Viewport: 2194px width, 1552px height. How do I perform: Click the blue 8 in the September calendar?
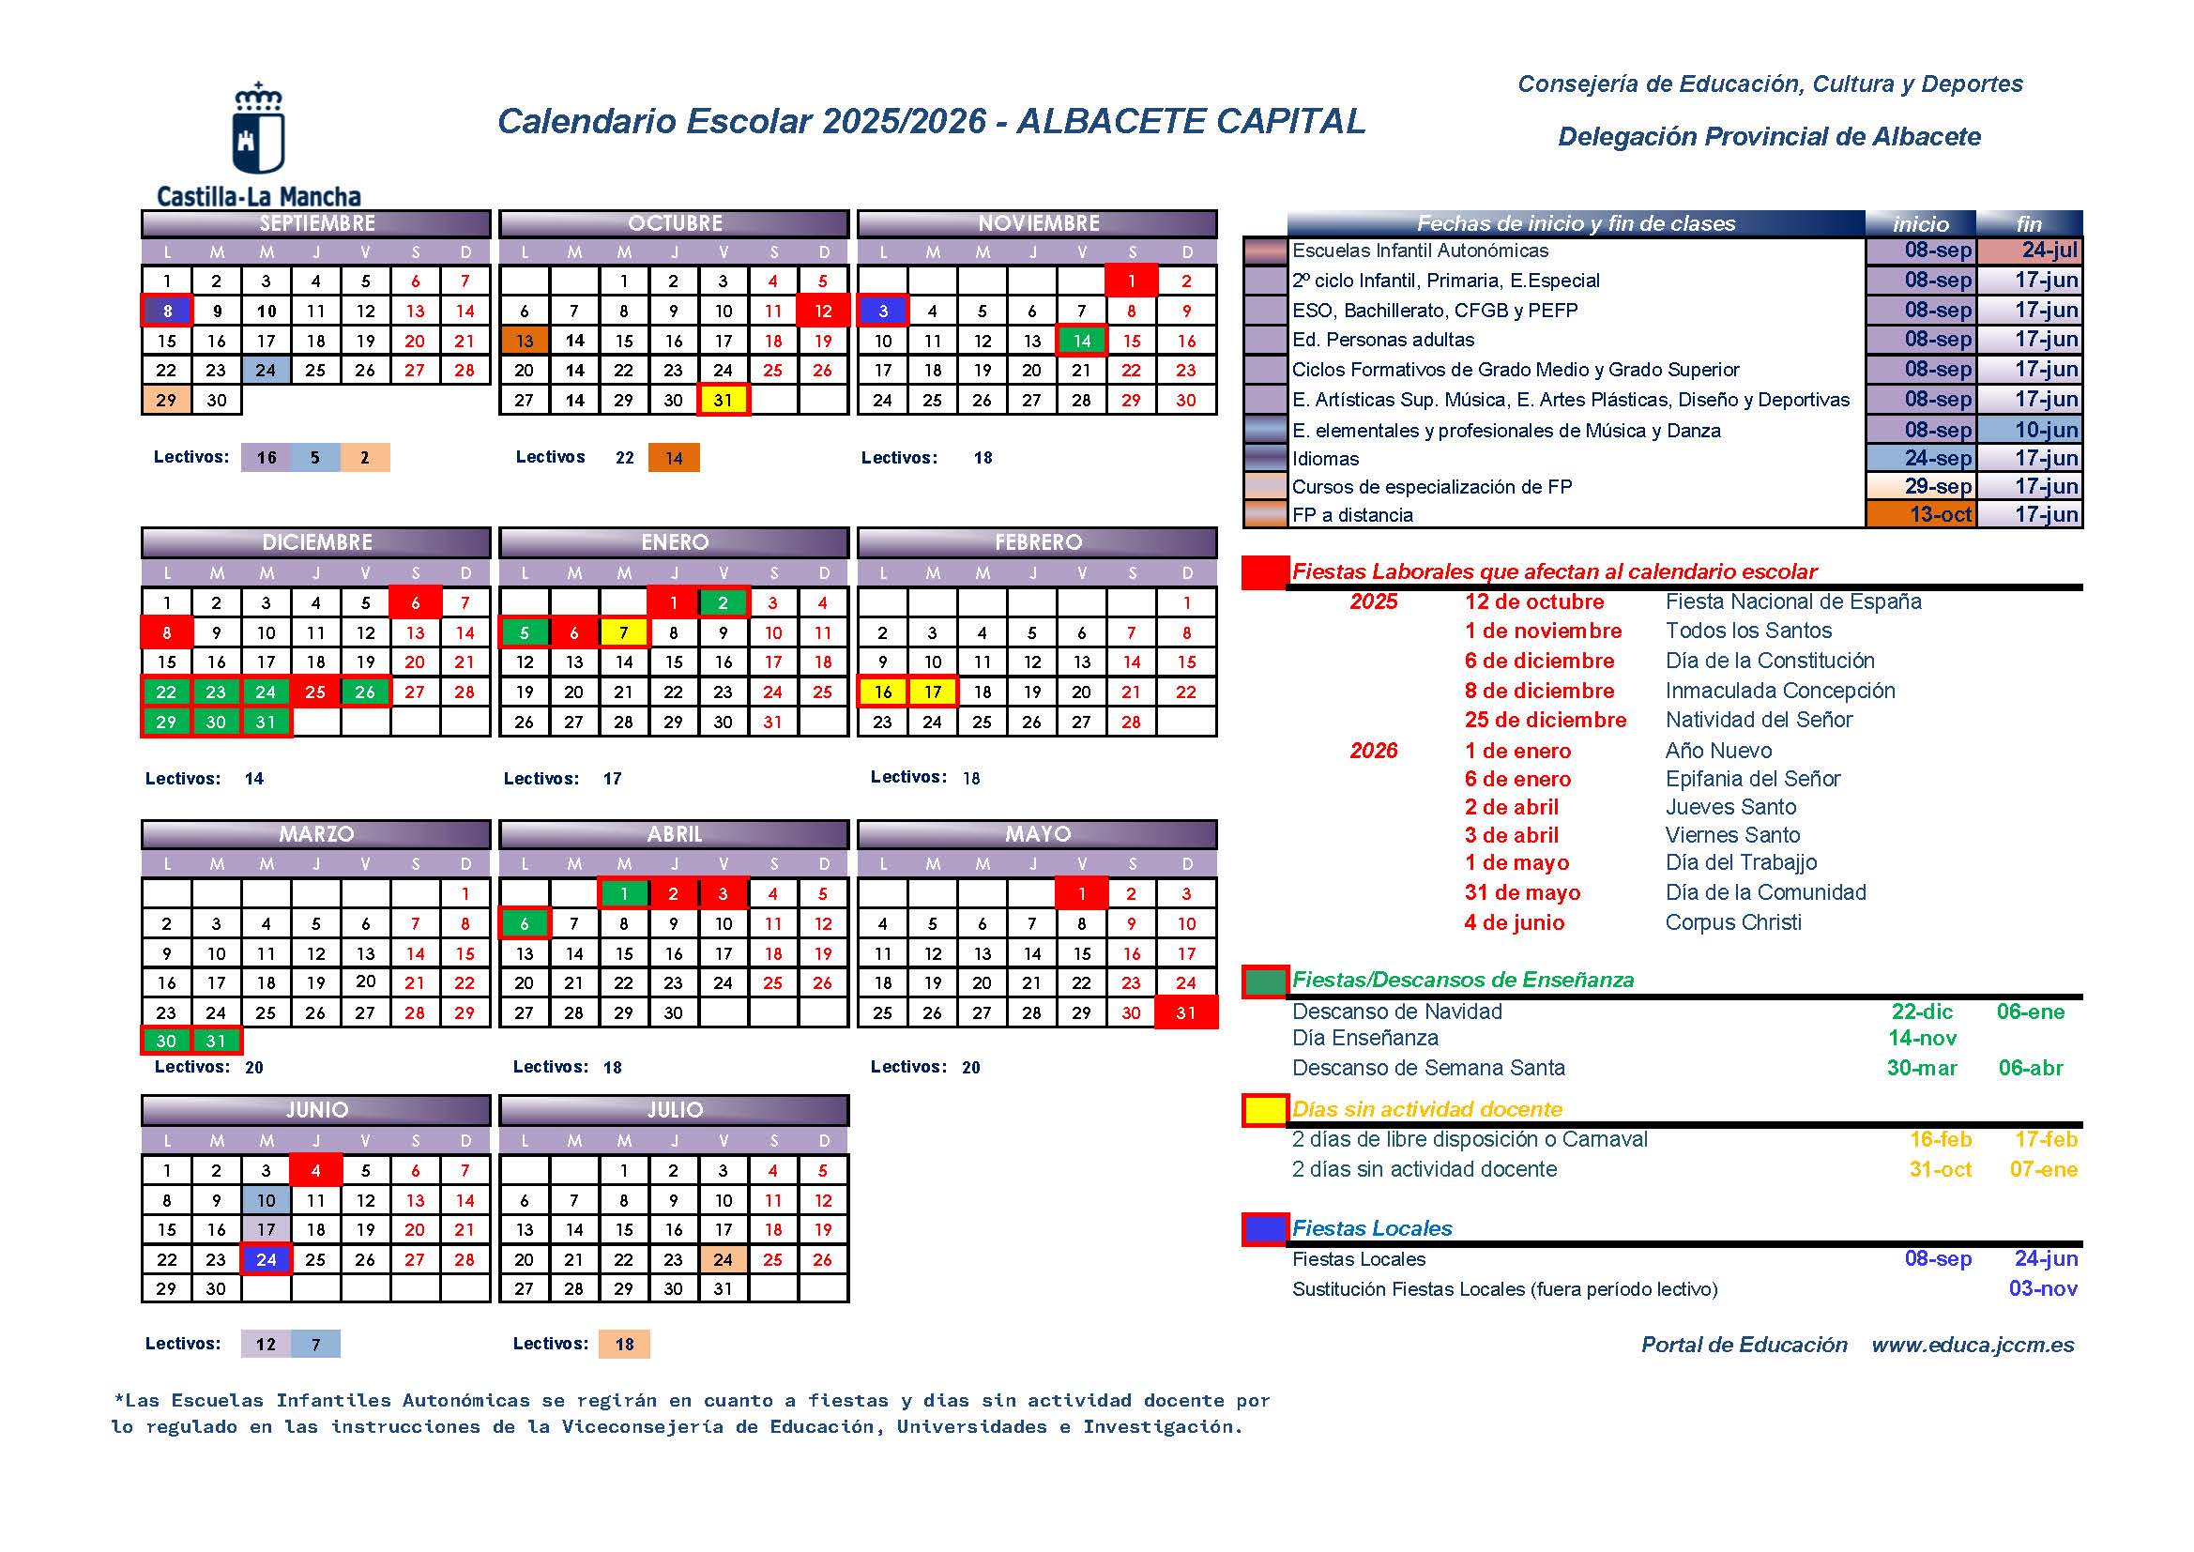point(167,311)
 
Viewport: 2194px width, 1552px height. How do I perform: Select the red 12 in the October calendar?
point(823,311)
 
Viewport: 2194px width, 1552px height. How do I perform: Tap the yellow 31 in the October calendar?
point(724,400)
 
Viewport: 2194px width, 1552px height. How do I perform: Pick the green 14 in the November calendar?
point(1082,341)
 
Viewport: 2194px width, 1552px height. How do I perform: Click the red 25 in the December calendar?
point(315,692)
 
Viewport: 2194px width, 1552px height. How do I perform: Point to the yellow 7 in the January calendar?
point(624,632)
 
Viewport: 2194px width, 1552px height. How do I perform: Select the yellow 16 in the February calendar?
point(883,692)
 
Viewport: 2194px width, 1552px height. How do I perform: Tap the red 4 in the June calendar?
point(315,1171)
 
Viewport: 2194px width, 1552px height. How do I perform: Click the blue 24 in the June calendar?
point(266,1259)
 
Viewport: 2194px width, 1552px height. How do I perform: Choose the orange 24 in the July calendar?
point(724,1259)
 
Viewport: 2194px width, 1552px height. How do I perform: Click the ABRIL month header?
point(674,834)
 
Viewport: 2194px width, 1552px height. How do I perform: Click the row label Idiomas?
point(1324,459)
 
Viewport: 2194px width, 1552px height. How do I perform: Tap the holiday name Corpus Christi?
point(1732,922)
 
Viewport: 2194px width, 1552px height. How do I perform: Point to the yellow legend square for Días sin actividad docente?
point(1265,1109)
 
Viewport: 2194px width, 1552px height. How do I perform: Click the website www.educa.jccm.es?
point(1973,1345)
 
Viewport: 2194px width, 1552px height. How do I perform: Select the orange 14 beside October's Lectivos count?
point(674,458)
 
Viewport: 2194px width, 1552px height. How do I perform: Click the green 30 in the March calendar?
point(167,1041)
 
